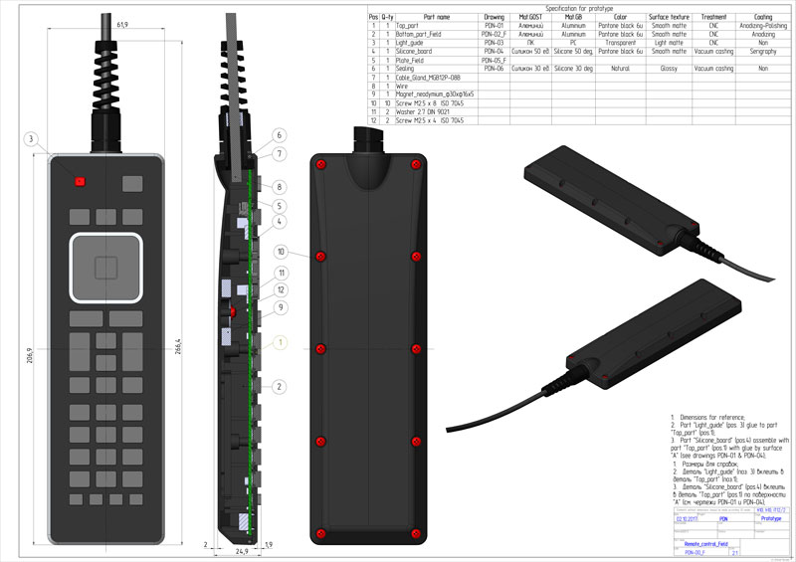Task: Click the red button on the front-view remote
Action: tap(79, 181)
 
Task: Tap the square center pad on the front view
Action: tap(105, 267)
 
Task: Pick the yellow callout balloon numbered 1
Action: tap(281, 342)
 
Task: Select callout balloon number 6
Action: tap(280, 135)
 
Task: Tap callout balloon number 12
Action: tap(282, 289)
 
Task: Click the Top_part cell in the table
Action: tap(410, 26)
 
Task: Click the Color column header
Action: tap(619, 17)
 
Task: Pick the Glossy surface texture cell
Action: tap(668, 69)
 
